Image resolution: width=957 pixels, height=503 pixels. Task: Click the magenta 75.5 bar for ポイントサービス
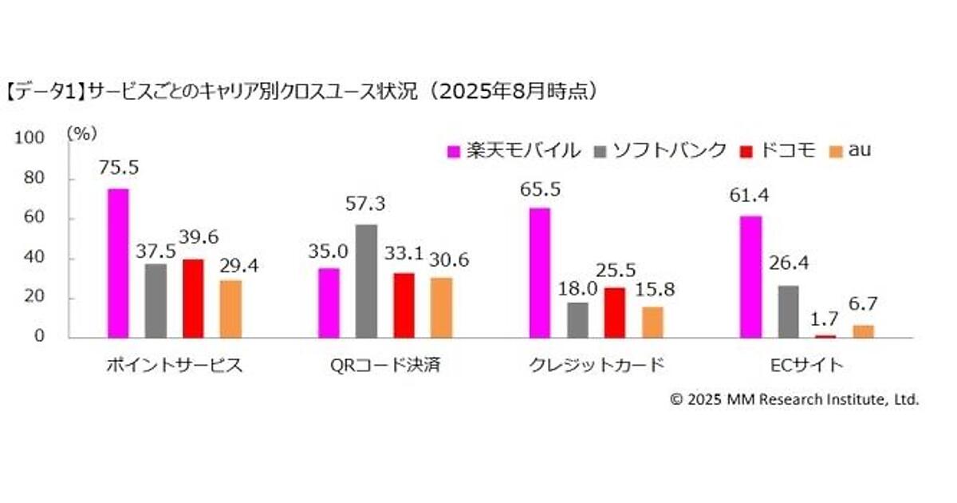(x=117, y=263)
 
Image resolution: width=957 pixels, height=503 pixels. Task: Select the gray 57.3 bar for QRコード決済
(x=366, y=281)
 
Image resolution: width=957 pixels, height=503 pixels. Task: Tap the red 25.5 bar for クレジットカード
(x=614, y=313)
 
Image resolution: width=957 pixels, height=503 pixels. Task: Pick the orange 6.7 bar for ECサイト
(x=863, y=331)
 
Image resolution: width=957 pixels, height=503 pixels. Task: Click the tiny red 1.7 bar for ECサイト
(x=825, y=336)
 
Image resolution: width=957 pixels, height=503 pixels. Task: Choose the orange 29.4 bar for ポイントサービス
(x=230, y=309)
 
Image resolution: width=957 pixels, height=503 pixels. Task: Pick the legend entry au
(x=853, y=150)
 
